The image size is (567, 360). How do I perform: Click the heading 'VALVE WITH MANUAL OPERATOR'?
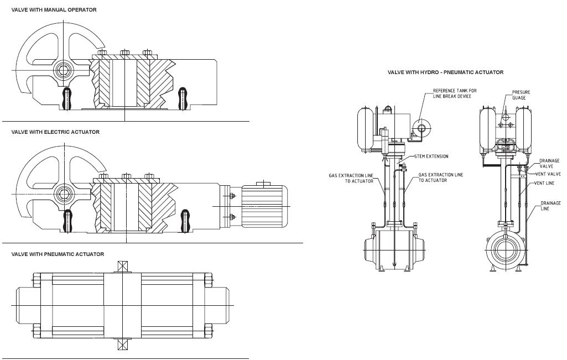tap(54, 10)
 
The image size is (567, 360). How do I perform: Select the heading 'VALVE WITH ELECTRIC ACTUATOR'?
tap(55, 132)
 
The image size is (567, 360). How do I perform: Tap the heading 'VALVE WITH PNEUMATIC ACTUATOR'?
tap(58, 254)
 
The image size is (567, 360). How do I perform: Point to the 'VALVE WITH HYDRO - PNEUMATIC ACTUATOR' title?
tap(445, 72)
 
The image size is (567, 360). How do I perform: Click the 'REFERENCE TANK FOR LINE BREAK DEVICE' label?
tap(455, 93)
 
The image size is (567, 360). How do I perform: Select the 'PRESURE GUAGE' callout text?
tap(521, 95)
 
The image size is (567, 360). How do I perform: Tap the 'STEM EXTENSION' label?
tap(431, 156)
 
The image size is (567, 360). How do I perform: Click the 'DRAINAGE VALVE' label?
tap(549, 163)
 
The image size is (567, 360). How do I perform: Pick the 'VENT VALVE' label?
tap(548, 174)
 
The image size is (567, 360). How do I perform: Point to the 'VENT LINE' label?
tap(544, 183)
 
